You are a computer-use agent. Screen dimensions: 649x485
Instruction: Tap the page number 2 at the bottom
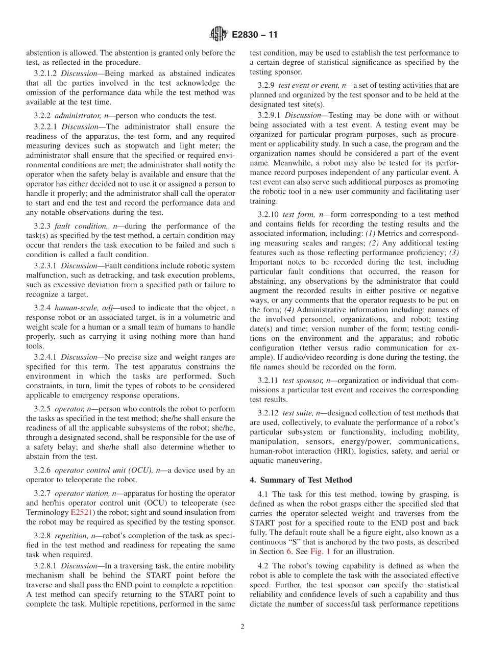tap(243, 627)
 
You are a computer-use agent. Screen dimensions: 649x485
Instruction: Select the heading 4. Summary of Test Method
tap(301, 480)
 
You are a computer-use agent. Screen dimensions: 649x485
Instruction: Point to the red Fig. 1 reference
tap(321, 552)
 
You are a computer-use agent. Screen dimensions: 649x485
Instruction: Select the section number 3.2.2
tap(42, 116)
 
